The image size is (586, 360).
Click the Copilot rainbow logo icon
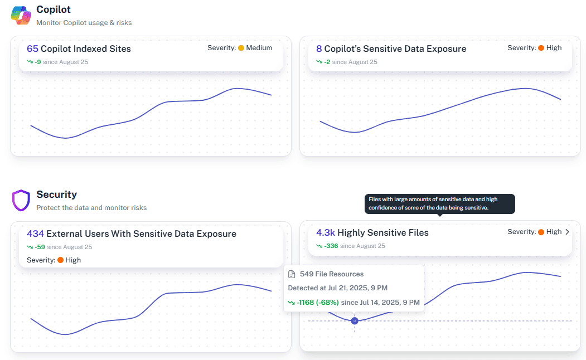[x=21, y=16]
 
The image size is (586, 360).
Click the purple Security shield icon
[x=21, y=201]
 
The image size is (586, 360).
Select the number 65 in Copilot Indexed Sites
[x=32, y=49]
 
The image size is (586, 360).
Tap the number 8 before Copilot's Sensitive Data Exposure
[x=319, y=49]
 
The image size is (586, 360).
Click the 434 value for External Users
[x=35, y=234]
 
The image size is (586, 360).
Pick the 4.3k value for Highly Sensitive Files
[x=326, y=233]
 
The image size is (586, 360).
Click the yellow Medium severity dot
[x=241, y=48]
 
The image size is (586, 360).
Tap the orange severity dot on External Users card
[x=60, y=260]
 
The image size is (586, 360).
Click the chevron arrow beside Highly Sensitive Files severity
[x=568, y=232]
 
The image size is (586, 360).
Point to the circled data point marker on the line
[x=355, y=321]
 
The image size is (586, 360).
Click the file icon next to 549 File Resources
[x=292, y=274]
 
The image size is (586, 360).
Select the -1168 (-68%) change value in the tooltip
[x=318, y=302]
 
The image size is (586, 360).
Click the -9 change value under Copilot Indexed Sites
[x=37, y=62]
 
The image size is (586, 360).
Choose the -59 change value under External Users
[x=39, y=247]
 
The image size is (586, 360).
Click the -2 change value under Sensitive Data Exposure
[x=327, y=62]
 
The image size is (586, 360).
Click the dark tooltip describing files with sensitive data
[x=440, y=204]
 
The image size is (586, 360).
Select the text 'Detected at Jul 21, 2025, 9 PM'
[x=337, y=288]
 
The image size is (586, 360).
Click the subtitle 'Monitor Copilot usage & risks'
[x=84, y=23]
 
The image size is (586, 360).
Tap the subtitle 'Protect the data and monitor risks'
[x=91, y=208]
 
